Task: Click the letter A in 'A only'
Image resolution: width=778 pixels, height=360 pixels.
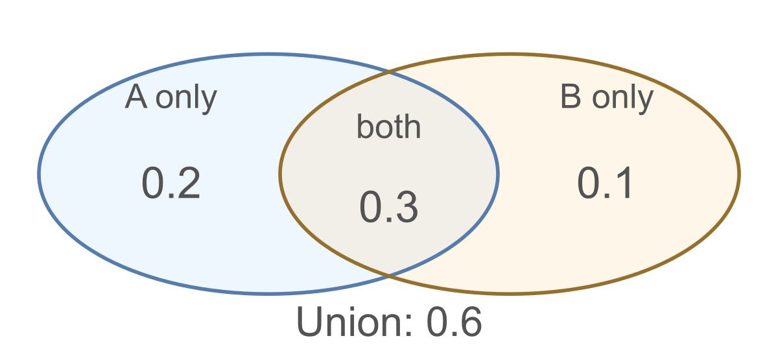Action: click(136, 97)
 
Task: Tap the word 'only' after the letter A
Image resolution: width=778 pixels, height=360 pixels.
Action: click(186, 100)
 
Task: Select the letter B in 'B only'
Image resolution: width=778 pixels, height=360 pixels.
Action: click(571, 97)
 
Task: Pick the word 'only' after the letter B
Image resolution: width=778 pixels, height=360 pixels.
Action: click(623, 100)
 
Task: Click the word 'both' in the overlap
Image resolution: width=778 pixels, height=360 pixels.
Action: click(388, 126)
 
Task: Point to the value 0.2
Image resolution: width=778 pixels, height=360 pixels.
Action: click(171, 183)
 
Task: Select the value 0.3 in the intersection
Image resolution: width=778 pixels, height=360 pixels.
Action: click(388, 207)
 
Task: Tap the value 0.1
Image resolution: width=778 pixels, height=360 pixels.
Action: click(605, 183)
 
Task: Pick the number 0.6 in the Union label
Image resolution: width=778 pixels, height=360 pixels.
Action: click(454, 322)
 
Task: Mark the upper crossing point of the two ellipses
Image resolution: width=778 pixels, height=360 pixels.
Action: click(389, 73)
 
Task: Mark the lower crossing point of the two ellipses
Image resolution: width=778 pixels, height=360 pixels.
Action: click(389, 275)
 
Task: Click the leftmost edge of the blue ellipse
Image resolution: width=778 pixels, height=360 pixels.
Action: click(39, 174)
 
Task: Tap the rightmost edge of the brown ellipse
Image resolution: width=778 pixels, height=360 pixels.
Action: click(739, 174)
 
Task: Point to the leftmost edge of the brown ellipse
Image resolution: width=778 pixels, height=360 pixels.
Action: click(279, 174)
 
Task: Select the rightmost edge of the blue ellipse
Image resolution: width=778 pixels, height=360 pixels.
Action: click(498, 174)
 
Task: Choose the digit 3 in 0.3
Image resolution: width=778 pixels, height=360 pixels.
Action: click(406, 207)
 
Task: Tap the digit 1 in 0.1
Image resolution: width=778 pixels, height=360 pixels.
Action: click(624, 183)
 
